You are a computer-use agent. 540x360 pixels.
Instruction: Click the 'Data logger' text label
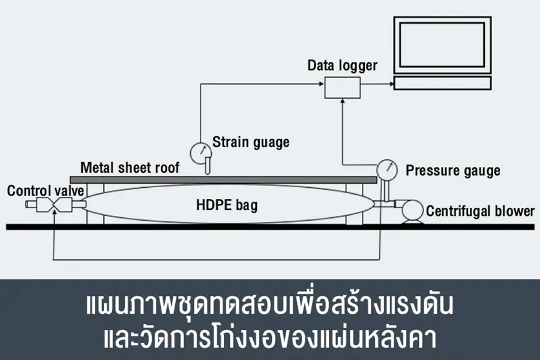(x=343, y=65)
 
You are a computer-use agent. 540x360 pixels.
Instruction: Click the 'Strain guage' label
(x=251, y=142)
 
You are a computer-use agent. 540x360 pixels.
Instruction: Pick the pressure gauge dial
(x=387, y=169)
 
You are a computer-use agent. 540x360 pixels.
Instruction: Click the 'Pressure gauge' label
(x=453, y=170)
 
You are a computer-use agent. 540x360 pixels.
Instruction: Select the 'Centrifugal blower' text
(x=480, y=211)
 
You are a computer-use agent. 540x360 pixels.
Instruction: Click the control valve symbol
(x=55, y=206)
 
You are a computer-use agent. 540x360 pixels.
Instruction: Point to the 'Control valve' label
(x=45, y=191)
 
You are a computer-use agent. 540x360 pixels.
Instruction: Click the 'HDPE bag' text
(x=227, y=205)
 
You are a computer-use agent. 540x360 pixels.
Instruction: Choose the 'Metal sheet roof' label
(x=130, y=167)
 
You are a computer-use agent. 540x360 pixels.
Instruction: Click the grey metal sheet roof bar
(x=222, y=179)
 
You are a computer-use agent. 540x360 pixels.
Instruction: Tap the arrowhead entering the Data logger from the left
(x=320, y=85)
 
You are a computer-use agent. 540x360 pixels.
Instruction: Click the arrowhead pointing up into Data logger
(x=343, y=103)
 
